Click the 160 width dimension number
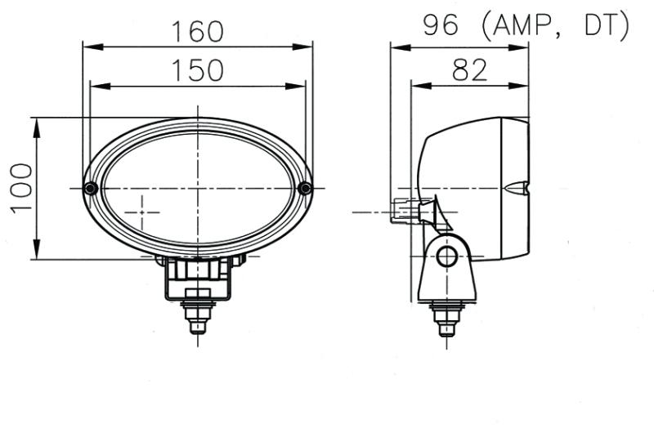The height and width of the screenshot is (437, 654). (x=197, y=31)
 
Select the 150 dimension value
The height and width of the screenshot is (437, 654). (x=197, y=70)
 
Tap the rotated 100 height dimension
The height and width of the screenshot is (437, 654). (x=21, y=187)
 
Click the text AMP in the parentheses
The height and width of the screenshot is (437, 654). (x=523, y=26)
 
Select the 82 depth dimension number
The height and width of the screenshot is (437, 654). (x=469, y=70)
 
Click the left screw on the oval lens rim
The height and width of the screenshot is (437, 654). (x=91, y=189)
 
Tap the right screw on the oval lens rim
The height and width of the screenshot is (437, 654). (x=305, y=189)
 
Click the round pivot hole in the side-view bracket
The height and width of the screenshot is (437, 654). (x=446, y=257)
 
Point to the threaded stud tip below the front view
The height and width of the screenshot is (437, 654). (x=197, y=327)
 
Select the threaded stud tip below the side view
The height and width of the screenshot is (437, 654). (x=446, y=329)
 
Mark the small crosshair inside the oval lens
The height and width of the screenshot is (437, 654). (x=145, y=212)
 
